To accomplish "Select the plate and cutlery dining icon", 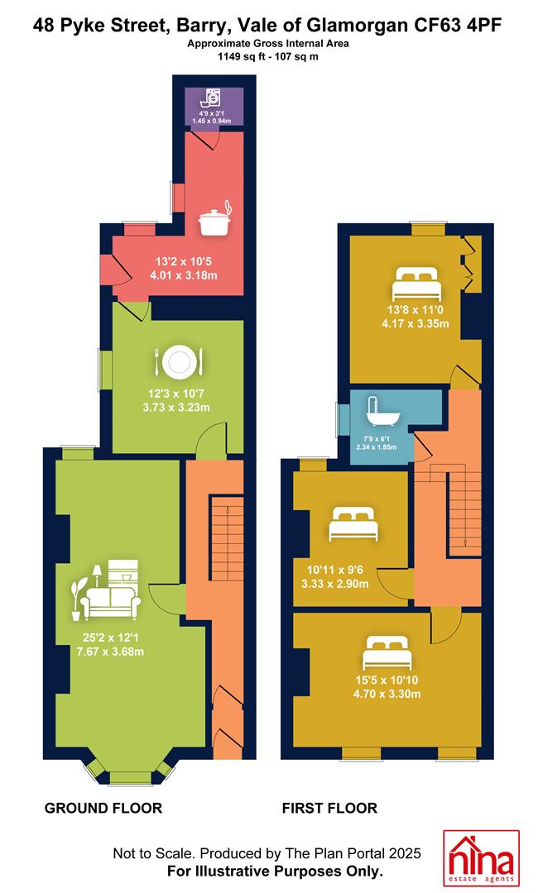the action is pos(178,361).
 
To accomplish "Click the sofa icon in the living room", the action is pos(108,590).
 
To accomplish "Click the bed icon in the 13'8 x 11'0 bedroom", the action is pos(416,284).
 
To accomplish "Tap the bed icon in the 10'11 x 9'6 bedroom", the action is pos(353,524).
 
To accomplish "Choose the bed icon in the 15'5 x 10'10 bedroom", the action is pos(387,654).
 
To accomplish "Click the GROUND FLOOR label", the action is pos(103,808).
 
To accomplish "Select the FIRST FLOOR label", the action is pos(329,808).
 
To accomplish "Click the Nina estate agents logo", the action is pos(482,859).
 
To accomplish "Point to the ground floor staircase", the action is pos(226,538).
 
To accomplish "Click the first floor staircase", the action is pos(456,509).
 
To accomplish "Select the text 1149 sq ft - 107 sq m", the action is pos(268,56).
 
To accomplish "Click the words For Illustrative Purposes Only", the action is pos(275,872).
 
